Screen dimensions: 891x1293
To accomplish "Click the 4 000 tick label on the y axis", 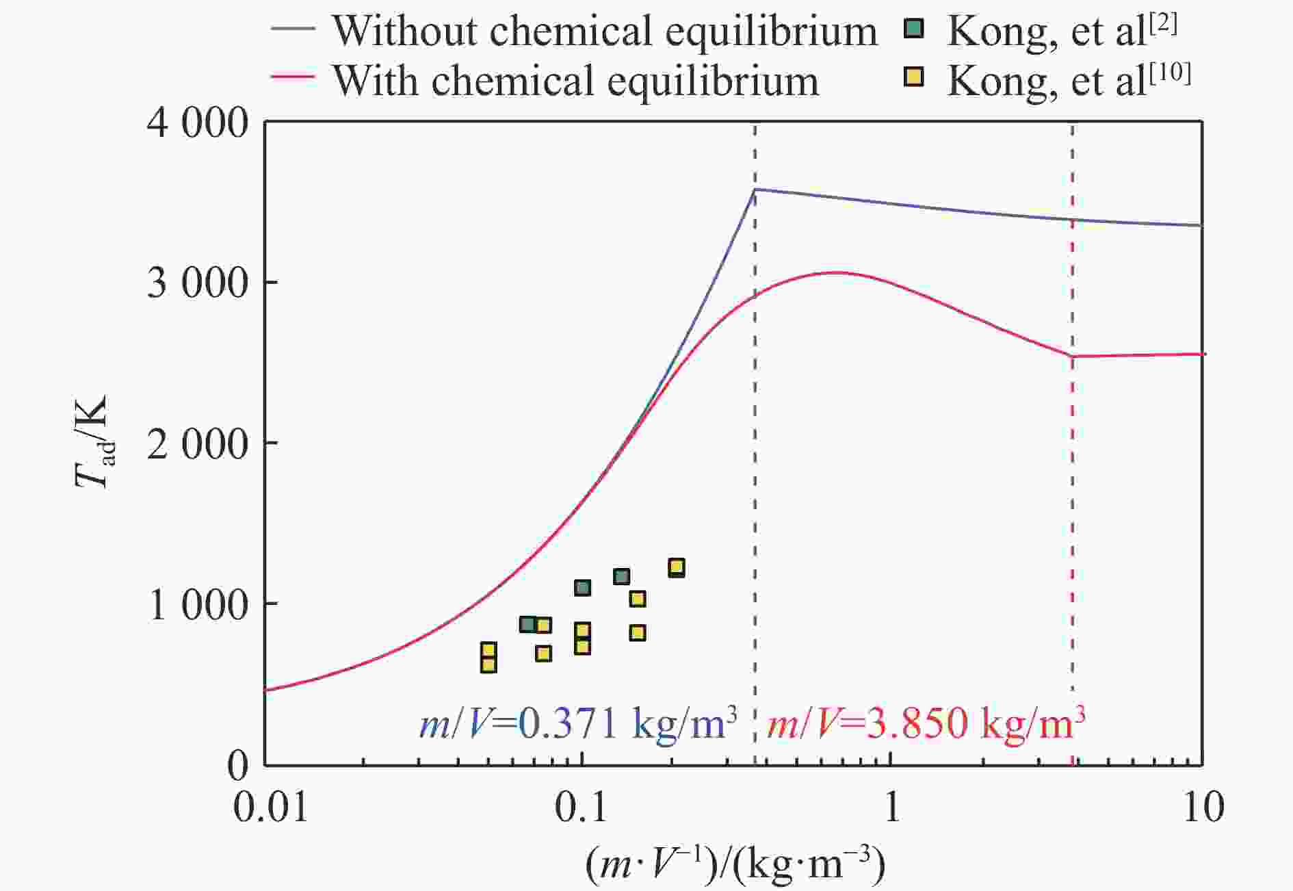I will [197, 124].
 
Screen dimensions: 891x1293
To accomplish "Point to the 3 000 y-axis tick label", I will [197, 283].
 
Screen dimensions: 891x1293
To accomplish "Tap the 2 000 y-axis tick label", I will [197, 444].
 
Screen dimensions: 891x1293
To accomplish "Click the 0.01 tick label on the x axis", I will [270, 808].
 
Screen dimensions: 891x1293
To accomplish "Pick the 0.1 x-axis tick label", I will [581, 808].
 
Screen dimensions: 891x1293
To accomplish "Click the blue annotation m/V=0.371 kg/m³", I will [578, 723].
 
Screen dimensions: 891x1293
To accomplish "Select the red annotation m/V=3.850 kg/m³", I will [926, 723].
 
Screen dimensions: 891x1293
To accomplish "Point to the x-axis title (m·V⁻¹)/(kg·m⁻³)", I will [735, 864].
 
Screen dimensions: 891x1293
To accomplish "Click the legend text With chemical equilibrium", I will [575, 81].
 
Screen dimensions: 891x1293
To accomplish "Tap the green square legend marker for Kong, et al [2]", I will [913, 29].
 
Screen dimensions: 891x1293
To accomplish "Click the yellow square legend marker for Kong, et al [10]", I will [913, 78].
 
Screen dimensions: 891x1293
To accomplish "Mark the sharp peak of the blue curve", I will [754, 189].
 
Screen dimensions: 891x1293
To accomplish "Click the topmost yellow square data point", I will [676, 567].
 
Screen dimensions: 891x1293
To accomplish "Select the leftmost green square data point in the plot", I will [527, 624].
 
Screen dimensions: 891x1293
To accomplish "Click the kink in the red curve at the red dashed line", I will [1072, 356].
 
